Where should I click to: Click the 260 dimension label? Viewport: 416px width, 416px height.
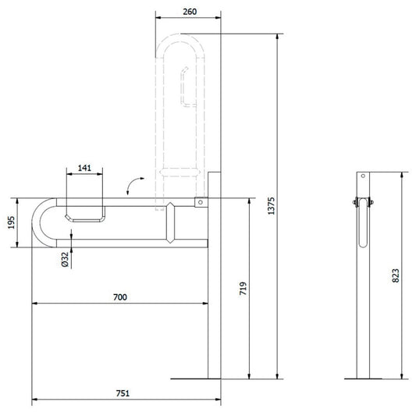(x=190, y=12)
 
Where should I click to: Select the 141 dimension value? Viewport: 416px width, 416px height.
(x=84, y=168)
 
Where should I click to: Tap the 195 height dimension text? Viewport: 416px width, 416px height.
(x=11, y=222)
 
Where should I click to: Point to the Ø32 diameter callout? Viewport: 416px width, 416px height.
(x=65, y=259)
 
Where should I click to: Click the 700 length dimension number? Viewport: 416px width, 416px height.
(x=120, y=297)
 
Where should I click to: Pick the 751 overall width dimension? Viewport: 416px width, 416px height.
(x=123, y=393)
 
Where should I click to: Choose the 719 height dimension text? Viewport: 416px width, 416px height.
(x=243, y=288)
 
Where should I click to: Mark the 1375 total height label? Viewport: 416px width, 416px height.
(x=272, y=206)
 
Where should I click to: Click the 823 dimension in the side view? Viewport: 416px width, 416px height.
(x=396, y=276)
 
